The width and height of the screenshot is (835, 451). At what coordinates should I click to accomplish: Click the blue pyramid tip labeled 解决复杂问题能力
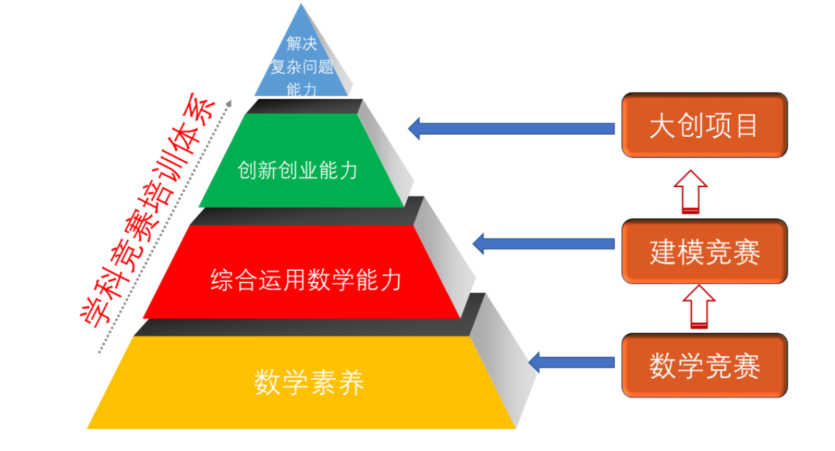(301, 62)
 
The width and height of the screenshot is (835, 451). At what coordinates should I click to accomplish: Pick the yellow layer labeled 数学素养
(302, 382)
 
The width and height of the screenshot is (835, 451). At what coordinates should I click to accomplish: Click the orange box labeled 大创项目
(704, 126)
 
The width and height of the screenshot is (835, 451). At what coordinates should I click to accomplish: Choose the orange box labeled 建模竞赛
(704, 252)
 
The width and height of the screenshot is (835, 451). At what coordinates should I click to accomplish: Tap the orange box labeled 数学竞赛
(704, 366)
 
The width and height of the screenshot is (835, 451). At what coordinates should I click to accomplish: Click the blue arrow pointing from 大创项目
(511, 128)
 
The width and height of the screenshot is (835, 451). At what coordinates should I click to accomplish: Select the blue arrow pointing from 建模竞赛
(543, 243)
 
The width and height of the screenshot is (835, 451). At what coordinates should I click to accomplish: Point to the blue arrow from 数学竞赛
(570, 362)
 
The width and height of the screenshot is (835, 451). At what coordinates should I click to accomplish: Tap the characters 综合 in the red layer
(230, 280)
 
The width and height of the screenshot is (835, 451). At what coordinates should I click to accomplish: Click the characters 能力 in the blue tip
(301, 88)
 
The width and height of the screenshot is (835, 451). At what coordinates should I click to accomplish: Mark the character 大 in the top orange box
(663, 126)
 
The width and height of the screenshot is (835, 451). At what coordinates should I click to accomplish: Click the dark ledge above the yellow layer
(302, 327)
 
